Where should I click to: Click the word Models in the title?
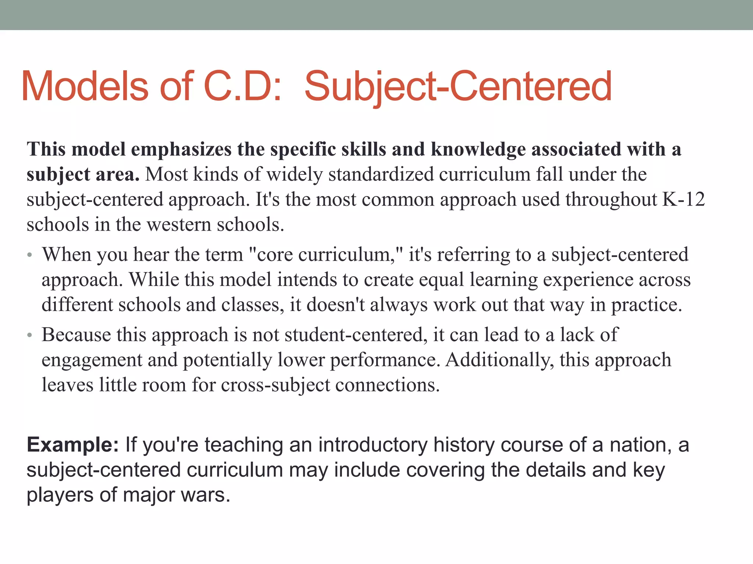pos(85,87)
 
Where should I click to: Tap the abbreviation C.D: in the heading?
pos(243,87)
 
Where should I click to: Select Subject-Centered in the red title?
pos(458,87)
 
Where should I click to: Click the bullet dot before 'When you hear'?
pos(29,255)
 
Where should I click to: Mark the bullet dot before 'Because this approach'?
pos(29,335)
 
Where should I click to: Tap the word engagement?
pos(92,360)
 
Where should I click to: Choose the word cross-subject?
pos(275,385)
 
